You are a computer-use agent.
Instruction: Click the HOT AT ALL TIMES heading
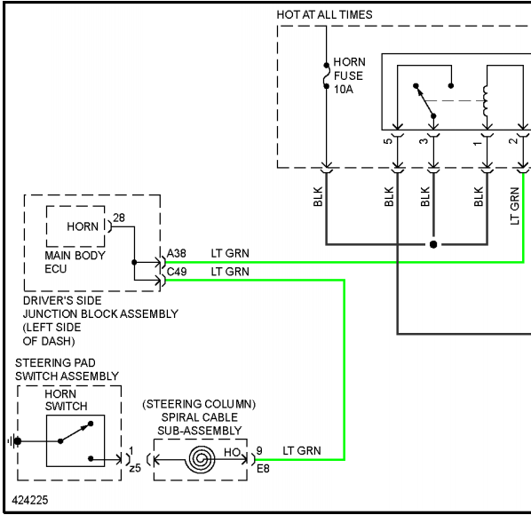click(x=324, y=14)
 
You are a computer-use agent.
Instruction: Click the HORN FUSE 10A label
click(x=349, y=75)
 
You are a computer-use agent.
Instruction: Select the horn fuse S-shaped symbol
click(x=326, y=75)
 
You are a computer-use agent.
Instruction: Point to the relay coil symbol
click(x=486, y=101)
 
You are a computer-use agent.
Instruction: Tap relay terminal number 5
click(x=388, y=140)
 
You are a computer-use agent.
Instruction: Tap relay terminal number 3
click(x=424, y=140)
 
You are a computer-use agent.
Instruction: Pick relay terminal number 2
click(x=513, y=140)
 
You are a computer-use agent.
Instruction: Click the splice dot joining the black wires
click(x=433, y=244)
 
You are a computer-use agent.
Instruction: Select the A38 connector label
click(x=177, y=253)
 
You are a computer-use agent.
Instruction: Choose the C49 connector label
click(x=177, y=272)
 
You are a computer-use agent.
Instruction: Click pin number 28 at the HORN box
click(x=119, y=218)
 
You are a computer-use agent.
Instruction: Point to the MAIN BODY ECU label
click(x=75, y=262)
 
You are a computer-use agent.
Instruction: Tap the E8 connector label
click(x=263, y=469)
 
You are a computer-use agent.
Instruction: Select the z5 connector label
click(x=135, y=468)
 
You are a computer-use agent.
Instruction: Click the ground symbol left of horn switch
click(x=14, y=441)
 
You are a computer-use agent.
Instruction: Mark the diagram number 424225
click(x=30, y=500)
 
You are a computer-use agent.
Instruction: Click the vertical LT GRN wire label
click(x=514, y=206)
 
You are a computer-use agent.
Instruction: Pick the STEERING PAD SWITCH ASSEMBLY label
click(x=67, y=369)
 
